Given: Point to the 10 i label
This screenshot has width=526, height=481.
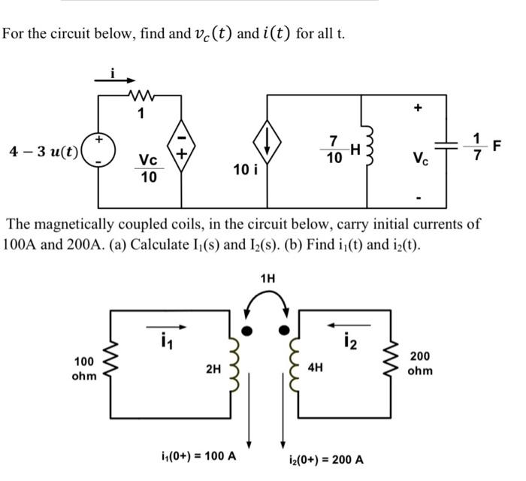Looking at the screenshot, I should [x=245, y=170].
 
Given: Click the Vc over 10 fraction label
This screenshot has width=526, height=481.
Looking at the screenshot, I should [x=148, y=168].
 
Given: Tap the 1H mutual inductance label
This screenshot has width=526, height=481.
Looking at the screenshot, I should [x=268, y=278].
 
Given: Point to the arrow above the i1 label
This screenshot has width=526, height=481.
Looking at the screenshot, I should [x=164, y=327].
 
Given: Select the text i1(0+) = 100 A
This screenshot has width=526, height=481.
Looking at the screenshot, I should [x=198, y=455].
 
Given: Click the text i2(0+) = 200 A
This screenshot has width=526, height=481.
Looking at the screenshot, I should [x=326, y=459].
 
